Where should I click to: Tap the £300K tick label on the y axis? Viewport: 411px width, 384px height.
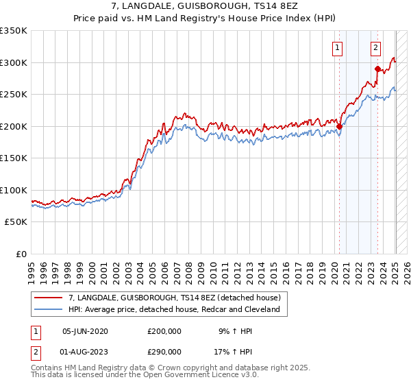point(14,62)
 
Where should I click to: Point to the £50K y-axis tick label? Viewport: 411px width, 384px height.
point(16,222)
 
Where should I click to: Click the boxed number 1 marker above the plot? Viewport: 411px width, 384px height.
point(338,48)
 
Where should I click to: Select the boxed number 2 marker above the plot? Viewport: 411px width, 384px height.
point(376,48)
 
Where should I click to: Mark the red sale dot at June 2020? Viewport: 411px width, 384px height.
point(339,126)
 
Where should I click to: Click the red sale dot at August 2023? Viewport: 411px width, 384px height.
point(377,69)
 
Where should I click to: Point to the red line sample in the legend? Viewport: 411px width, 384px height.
point(49,298)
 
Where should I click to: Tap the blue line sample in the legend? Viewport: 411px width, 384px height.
point(49,309)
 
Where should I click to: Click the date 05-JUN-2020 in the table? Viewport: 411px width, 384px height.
point(86,331)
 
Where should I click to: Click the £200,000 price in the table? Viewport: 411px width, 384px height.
point(164,331)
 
